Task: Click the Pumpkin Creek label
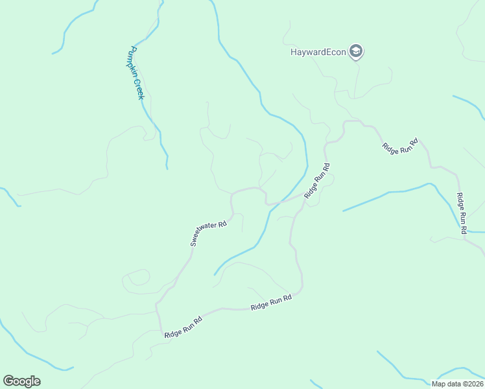137,73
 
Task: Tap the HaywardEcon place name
318,52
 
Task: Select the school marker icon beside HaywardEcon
355,51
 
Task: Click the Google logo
21,381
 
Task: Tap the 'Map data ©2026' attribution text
457,384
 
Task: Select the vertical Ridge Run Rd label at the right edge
462,213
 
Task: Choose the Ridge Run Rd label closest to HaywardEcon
400,146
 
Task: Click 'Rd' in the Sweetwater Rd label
222,224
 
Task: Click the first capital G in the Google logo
8,381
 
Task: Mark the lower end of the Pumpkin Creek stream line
167,168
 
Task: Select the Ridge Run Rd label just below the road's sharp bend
272,301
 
